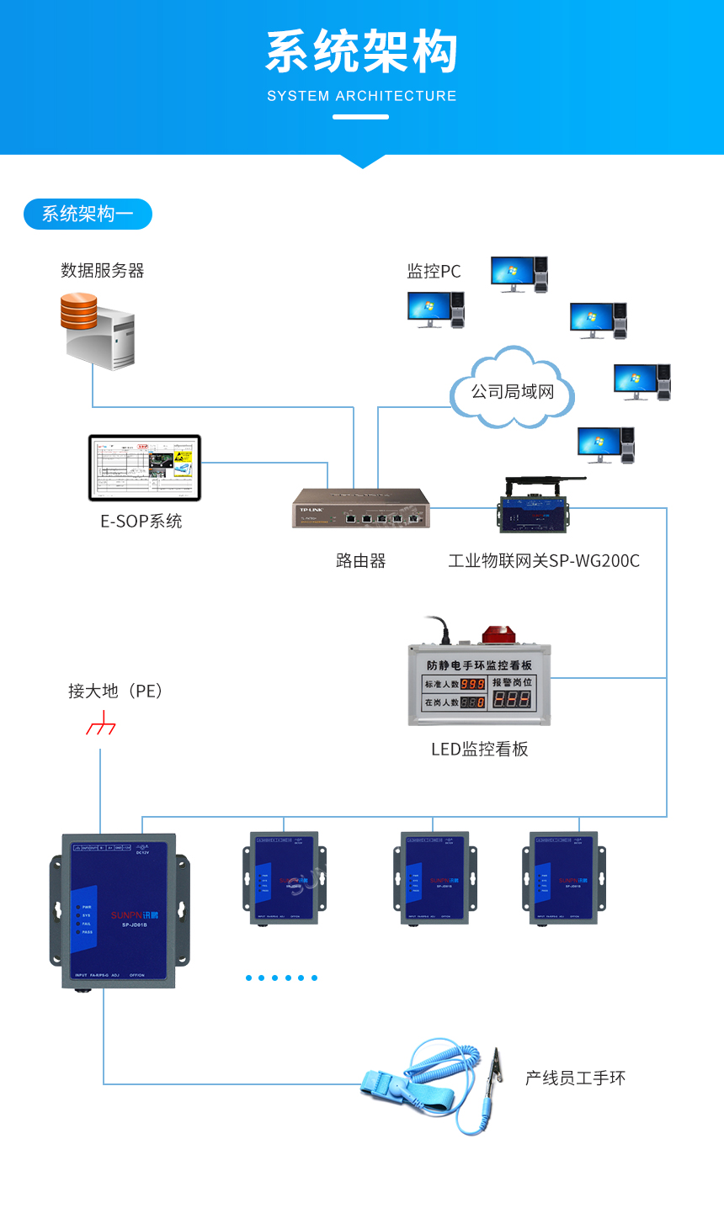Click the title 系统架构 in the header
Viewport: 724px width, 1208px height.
362,52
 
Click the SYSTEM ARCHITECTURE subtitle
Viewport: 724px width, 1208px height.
362,96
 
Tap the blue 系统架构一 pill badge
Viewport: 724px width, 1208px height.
88,214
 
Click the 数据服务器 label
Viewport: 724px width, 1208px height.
103,270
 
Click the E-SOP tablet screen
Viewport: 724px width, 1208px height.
145,467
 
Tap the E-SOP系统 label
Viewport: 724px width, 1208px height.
141,521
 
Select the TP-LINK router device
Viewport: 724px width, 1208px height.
361,508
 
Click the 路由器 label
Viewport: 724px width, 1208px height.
360,560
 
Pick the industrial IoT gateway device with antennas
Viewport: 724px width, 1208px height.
533,506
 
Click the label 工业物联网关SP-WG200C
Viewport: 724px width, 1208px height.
544,560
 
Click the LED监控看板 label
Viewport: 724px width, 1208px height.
479,749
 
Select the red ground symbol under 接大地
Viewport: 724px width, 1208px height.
101,724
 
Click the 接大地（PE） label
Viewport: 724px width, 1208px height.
115,691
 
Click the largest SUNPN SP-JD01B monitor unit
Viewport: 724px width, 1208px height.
120,910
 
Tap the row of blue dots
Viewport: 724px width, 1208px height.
281,978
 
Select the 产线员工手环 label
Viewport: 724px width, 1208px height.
575,1078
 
